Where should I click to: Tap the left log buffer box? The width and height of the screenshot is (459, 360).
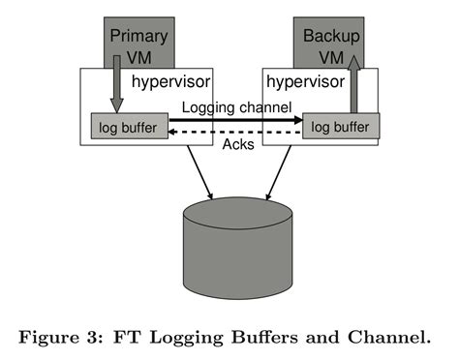coord(130,127)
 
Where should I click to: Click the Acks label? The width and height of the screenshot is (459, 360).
coord(238,146)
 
